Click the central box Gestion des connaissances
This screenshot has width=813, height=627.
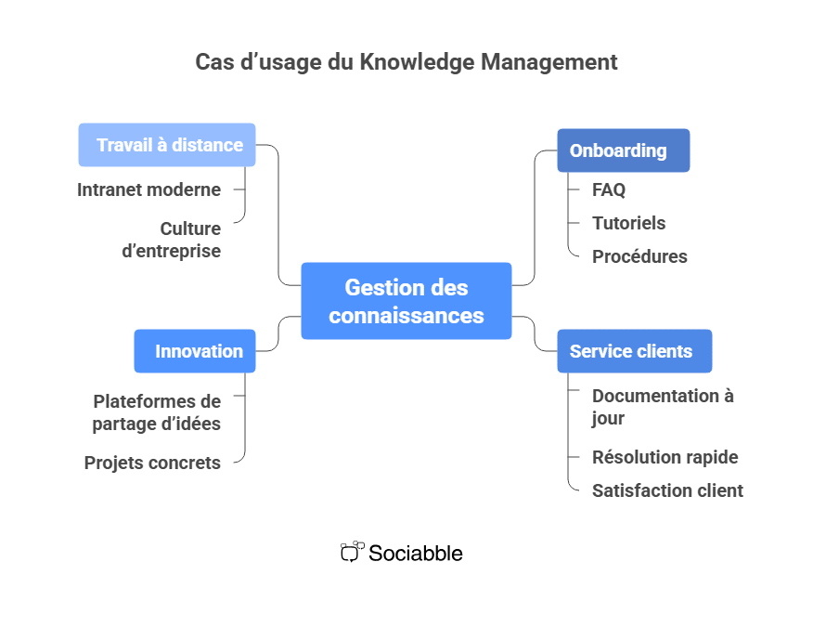pyautogui.click(x=406, y=301)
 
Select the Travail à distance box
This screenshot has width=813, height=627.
pyautogui.click(x=167, y=145)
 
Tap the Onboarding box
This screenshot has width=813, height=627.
pyautogui.click(x=623, y=150)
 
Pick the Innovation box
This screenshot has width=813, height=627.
pyautogui.click(x=195, y=351)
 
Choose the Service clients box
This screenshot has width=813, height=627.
pyautogui.click(x=634, y=351)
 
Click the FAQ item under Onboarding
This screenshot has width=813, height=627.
pyautogui.click(x=609, y=189)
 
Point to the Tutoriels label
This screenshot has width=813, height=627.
pyautogui.click(x=628, y=223)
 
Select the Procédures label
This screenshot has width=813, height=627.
pyautogui.click(x=639, y=256)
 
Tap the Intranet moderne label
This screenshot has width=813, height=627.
pyautogui.click(x=148, y=189)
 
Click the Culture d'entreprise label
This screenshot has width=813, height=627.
pyautogui.click(x=172, y=240)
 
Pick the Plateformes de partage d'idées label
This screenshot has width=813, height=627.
pyautogui.click(x=157, y=412)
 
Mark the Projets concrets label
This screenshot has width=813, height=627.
pyautogui.click(x=152, y=463)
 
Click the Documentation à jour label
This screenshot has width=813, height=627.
pyautogui.click(x=663, y=407)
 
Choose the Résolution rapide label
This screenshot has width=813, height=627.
pyautogui.click(x=665, y=457)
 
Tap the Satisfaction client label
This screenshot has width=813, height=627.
pyautogui.click(x=667, y=490)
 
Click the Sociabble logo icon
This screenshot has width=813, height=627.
pyautogui.click(x=352, y=552)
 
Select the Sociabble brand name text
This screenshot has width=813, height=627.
pyautogui.click(x=416, y=553)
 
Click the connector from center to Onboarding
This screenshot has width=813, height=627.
pyautogui.click(x=536, y=223)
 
